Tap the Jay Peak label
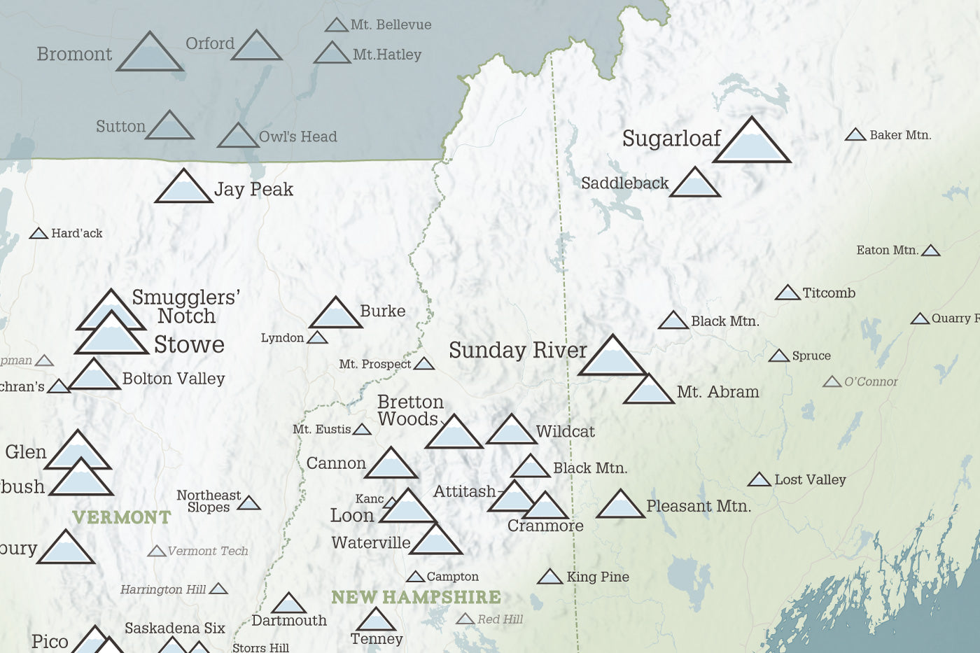click(253, 190)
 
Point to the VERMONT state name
click(122, 517)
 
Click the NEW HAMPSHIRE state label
click(416, 597)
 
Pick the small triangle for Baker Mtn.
click(855, 135)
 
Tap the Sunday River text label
click(517, 350)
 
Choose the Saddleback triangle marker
click(694, 184)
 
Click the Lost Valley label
click(810, 479)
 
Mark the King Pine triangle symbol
click(550, 577)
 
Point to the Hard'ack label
click(76, 233)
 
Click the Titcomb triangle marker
click(787, 293)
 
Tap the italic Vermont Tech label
click(207, 551)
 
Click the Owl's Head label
click(297, 136)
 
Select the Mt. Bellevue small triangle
click(337, 26)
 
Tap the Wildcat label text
click(565, 432)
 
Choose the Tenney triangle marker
click(376, 621)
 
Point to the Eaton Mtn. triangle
click(930, 251)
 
